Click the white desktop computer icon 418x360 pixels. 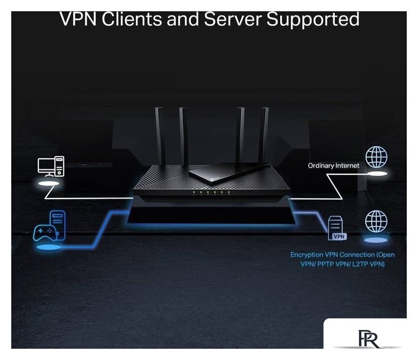51,166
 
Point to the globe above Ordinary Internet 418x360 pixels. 376,157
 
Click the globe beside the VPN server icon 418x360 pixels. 376,221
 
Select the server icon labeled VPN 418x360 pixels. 337,228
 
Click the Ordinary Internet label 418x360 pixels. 334,166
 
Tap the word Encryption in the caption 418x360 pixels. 308,255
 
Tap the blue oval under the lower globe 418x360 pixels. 376,240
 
